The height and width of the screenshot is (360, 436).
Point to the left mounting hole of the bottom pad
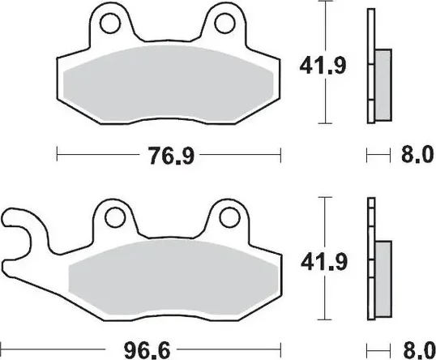(115, 217)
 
